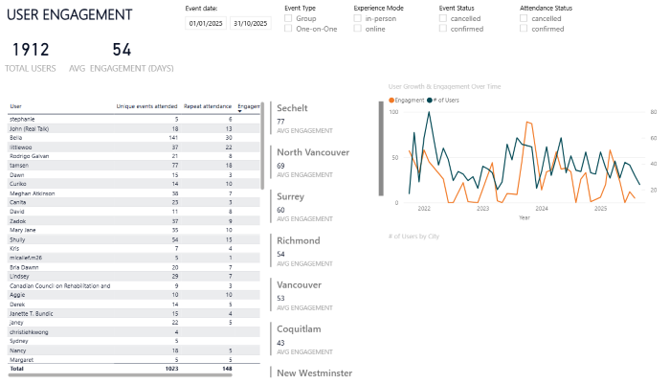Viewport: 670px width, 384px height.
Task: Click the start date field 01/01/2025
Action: pyautogui.click(x=205, y=23)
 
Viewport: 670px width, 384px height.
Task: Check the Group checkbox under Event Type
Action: pyautogui.click(x=289, y=18)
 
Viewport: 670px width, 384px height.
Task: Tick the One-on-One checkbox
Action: pyautogui.click(x=289, y=29)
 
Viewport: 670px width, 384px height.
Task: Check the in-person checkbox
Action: pyautogui.click(x=358, y=18)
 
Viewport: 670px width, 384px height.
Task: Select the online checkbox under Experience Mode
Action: pyautogui.click(x=358, y=29)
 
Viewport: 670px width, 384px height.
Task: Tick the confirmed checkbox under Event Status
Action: pyautogui.click(x=443, y=29)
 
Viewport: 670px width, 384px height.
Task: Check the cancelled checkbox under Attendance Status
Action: pyautogui.click(x=524, y=18)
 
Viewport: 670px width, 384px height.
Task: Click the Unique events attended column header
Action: pyautogui.click(x=146, y=106)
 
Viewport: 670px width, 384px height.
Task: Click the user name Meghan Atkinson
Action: pyautogui.click(x=34, y=193)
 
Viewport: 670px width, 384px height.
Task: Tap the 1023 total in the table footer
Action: pyautogui.click(x=170, y=368)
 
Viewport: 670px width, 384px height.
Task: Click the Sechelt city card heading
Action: pyautogui.click(x=292, y=108)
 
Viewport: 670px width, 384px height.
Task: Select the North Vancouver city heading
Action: pyautogui.click(x=312, y=151)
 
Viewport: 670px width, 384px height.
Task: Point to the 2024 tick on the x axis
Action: pyautogui.click(x=542, y=208)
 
